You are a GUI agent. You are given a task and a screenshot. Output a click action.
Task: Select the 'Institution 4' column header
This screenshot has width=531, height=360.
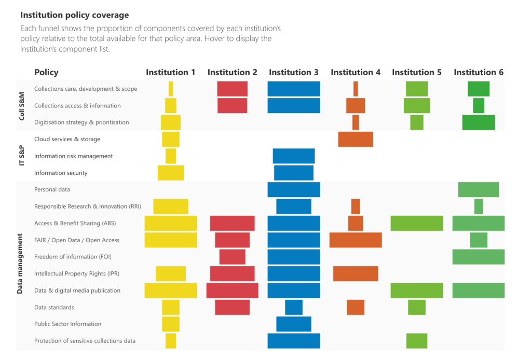point(356,73)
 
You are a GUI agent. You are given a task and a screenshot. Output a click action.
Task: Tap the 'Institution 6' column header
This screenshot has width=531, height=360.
point(479,73)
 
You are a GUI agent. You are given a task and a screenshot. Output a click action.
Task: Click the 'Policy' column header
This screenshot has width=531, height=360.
point(46,73)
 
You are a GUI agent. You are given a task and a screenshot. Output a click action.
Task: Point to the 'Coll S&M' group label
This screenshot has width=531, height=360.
point(22,105)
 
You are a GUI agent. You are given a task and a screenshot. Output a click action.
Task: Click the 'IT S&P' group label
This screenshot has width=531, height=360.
point(22,156)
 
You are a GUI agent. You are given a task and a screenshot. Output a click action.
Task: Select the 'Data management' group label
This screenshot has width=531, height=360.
point(20,265)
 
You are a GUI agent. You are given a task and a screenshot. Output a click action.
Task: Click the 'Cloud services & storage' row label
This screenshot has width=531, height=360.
point(67,139)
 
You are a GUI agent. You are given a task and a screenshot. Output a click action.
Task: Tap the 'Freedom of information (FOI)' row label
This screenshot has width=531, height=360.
point(73,257)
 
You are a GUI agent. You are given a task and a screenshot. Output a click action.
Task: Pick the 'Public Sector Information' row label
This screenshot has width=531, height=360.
point(67,324)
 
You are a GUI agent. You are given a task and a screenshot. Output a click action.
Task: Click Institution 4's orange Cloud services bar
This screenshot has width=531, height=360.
point(356,139)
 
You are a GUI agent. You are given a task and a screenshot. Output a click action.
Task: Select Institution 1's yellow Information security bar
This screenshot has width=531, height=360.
point(171,173)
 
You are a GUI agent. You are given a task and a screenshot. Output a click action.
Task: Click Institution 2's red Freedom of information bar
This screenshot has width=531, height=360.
point(232,257)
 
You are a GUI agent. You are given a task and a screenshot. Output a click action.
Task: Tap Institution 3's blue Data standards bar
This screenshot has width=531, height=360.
point(294,307)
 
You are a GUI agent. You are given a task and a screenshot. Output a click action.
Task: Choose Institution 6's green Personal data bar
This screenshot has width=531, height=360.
point(479,190)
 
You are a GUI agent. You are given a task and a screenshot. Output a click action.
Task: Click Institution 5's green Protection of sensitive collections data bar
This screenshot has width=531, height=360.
point(417,341)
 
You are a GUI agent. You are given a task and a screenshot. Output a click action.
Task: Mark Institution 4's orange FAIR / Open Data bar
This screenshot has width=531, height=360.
point(356,240)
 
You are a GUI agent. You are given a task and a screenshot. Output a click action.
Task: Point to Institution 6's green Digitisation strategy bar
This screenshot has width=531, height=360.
point(479,122)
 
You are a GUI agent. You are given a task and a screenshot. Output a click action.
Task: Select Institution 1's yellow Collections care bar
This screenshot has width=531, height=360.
point(171,89)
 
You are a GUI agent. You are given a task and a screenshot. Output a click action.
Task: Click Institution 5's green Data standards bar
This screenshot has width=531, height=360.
point(417,307)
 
